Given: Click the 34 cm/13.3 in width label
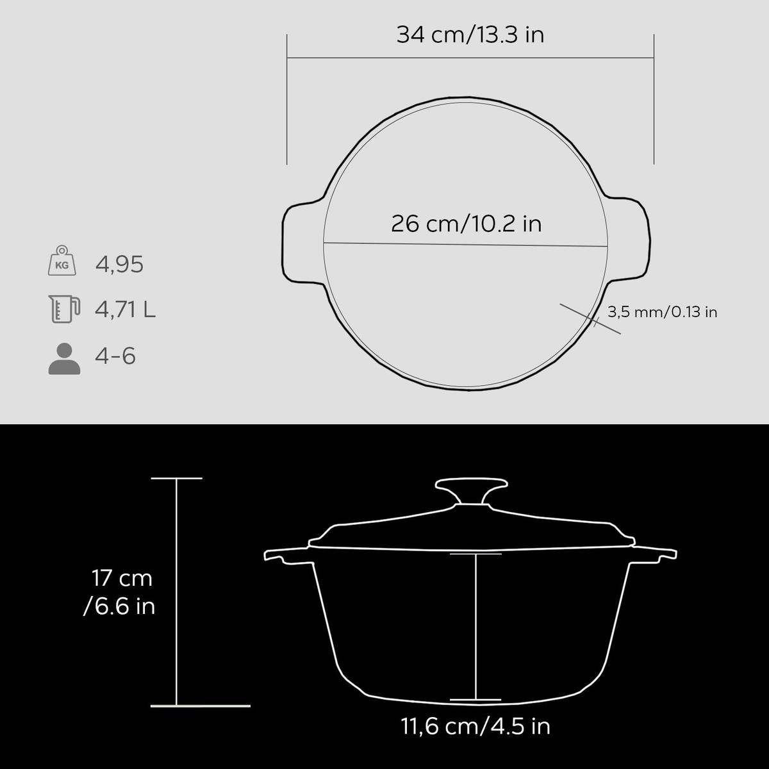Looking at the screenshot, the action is [470, 35].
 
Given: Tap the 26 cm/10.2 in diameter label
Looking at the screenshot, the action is [466, 224].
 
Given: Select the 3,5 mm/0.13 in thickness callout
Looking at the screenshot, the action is [662, 311].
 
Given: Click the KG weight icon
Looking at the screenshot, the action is [62, 260].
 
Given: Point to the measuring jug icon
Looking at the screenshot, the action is [64, 309].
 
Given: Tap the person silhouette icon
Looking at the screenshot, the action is [64, 358].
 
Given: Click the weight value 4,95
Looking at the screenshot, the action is [119, 265].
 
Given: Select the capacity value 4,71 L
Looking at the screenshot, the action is [126, 310].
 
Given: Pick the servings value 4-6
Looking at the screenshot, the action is [115, 356].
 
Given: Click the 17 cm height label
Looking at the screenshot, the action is [122, 578].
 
